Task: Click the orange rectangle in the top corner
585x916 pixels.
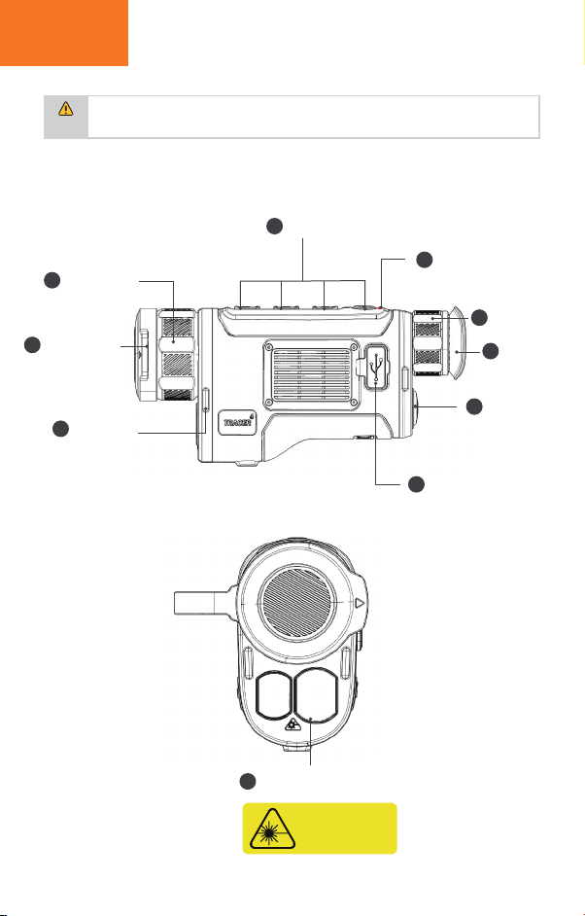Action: [x=63, y=33]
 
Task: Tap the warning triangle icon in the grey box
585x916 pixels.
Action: [x=66, y=108]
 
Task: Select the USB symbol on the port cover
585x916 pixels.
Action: [x=377, y=366]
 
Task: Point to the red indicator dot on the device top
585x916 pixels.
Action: [x=380, y=308]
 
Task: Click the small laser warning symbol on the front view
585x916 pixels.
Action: [x=292, y=724]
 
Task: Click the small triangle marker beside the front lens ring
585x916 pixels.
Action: [x=360, y=601]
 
